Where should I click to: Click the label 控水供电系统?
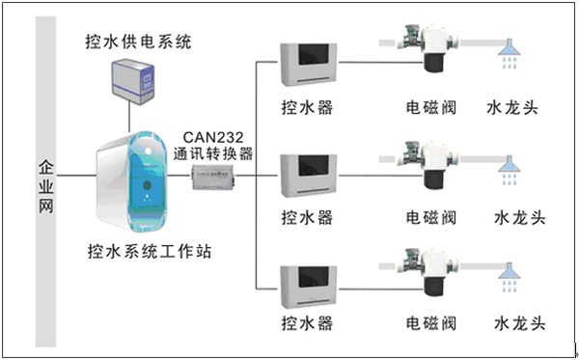[x=138, y=42]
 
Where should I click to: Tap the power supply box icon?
[x=133, y=81]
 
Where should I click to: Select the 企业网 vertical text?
[x=46, y=187]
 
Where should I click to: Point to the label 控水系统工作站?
[x=150, y=252]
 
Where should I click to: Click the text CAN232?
[x=213, y=137]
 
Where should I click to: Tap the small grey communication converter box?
[x=214, y=178]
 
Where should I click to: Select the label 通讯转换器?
[x=213, y=153]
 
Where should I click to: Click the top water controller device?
[x=309, y=65]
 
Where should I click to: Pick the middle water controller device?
[x=309, y=176]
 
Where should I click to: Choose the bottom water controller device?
[x=309, y=287]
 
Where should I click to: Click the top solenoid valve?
[x=428, y=48]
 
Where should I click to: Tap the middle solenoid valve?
[x=428, y=164]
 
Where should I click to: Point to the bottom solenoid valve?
[x=428, y=272]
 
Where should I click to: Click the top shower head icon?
[x=510, y=53]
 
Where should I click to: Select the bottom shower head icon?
[x=510, y=278]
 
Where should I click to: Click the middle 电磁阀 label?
[x=431, y=217]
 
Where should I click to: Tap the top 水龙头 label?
[x=512, y=108]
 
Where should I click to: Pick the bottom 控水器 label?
[x=307, y=323]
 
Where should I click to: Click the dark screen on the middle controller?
[x=314, y=166]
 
